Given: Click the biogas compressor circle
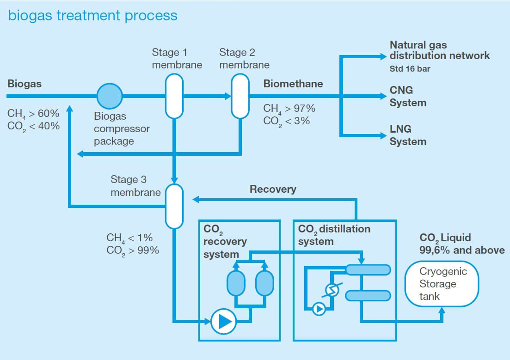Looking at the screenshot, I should click(x=110, y=96).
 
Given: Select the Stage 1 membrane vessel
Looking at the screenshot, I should click(x=174, y=96).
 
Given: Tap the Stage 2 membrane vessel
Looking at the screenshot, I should click(x=240, y=96).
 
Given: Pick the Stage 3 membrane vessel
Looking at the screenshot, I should click(x=174, y=206).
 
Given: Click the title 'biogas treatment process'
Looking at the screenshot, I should click(x=92, y=15).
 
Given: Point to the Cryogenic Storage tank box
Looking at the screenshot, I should click(x=442, y=284).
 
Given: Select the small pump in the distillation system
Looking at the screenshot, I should click(x=319, y=309).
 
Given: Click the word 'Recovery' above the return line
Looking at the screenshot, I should click(x=273, y=189).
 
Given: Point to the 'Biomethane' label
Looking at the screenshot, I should click(x=293, y=84).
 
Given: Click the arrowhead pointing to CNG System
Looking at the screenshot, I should click(x=383, y=96).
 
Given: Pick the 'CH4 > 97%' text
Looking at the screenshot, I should click(x=289, y=109).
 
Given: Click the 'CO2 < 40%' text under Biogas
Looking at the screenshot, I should click(x=33, y=126).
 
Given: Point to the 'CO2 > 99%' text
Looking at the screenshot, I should click(x=132, y=250).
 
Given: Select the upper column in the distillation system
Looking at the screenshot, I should click(x=368, y=269).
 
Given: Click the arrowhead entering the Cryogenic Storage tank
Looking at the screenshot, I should click(x=442, y=311).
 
